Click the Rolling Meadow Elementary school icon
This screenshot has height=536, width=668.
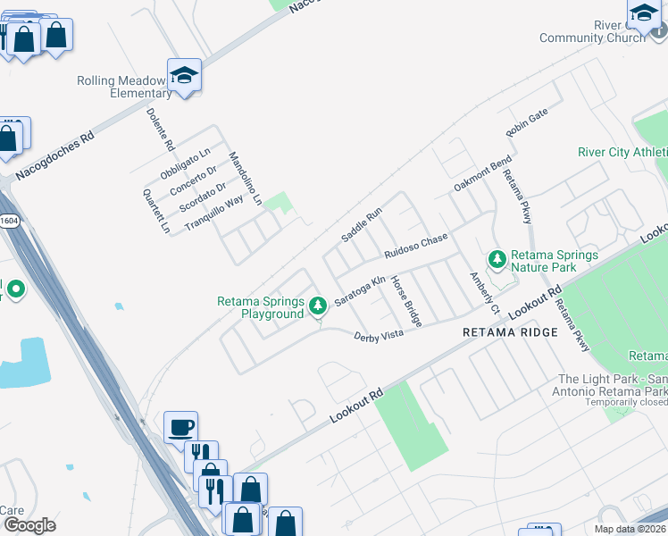[184, 75]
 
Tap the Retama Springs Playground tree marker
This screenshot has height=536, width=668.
[317, 306]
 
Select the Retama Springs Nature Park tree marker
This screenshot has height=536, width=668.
[497, 260]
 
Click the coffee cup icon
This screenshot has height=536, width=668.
[180, 427]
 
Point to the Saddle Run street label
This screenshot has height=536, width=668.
[361, 224]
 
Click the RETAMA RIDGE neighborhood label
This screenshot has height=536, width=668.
[510, 332]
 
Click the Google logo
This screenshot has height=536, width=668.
[29, 524]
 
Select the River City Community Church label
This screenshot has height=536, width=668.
[592, 31]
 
